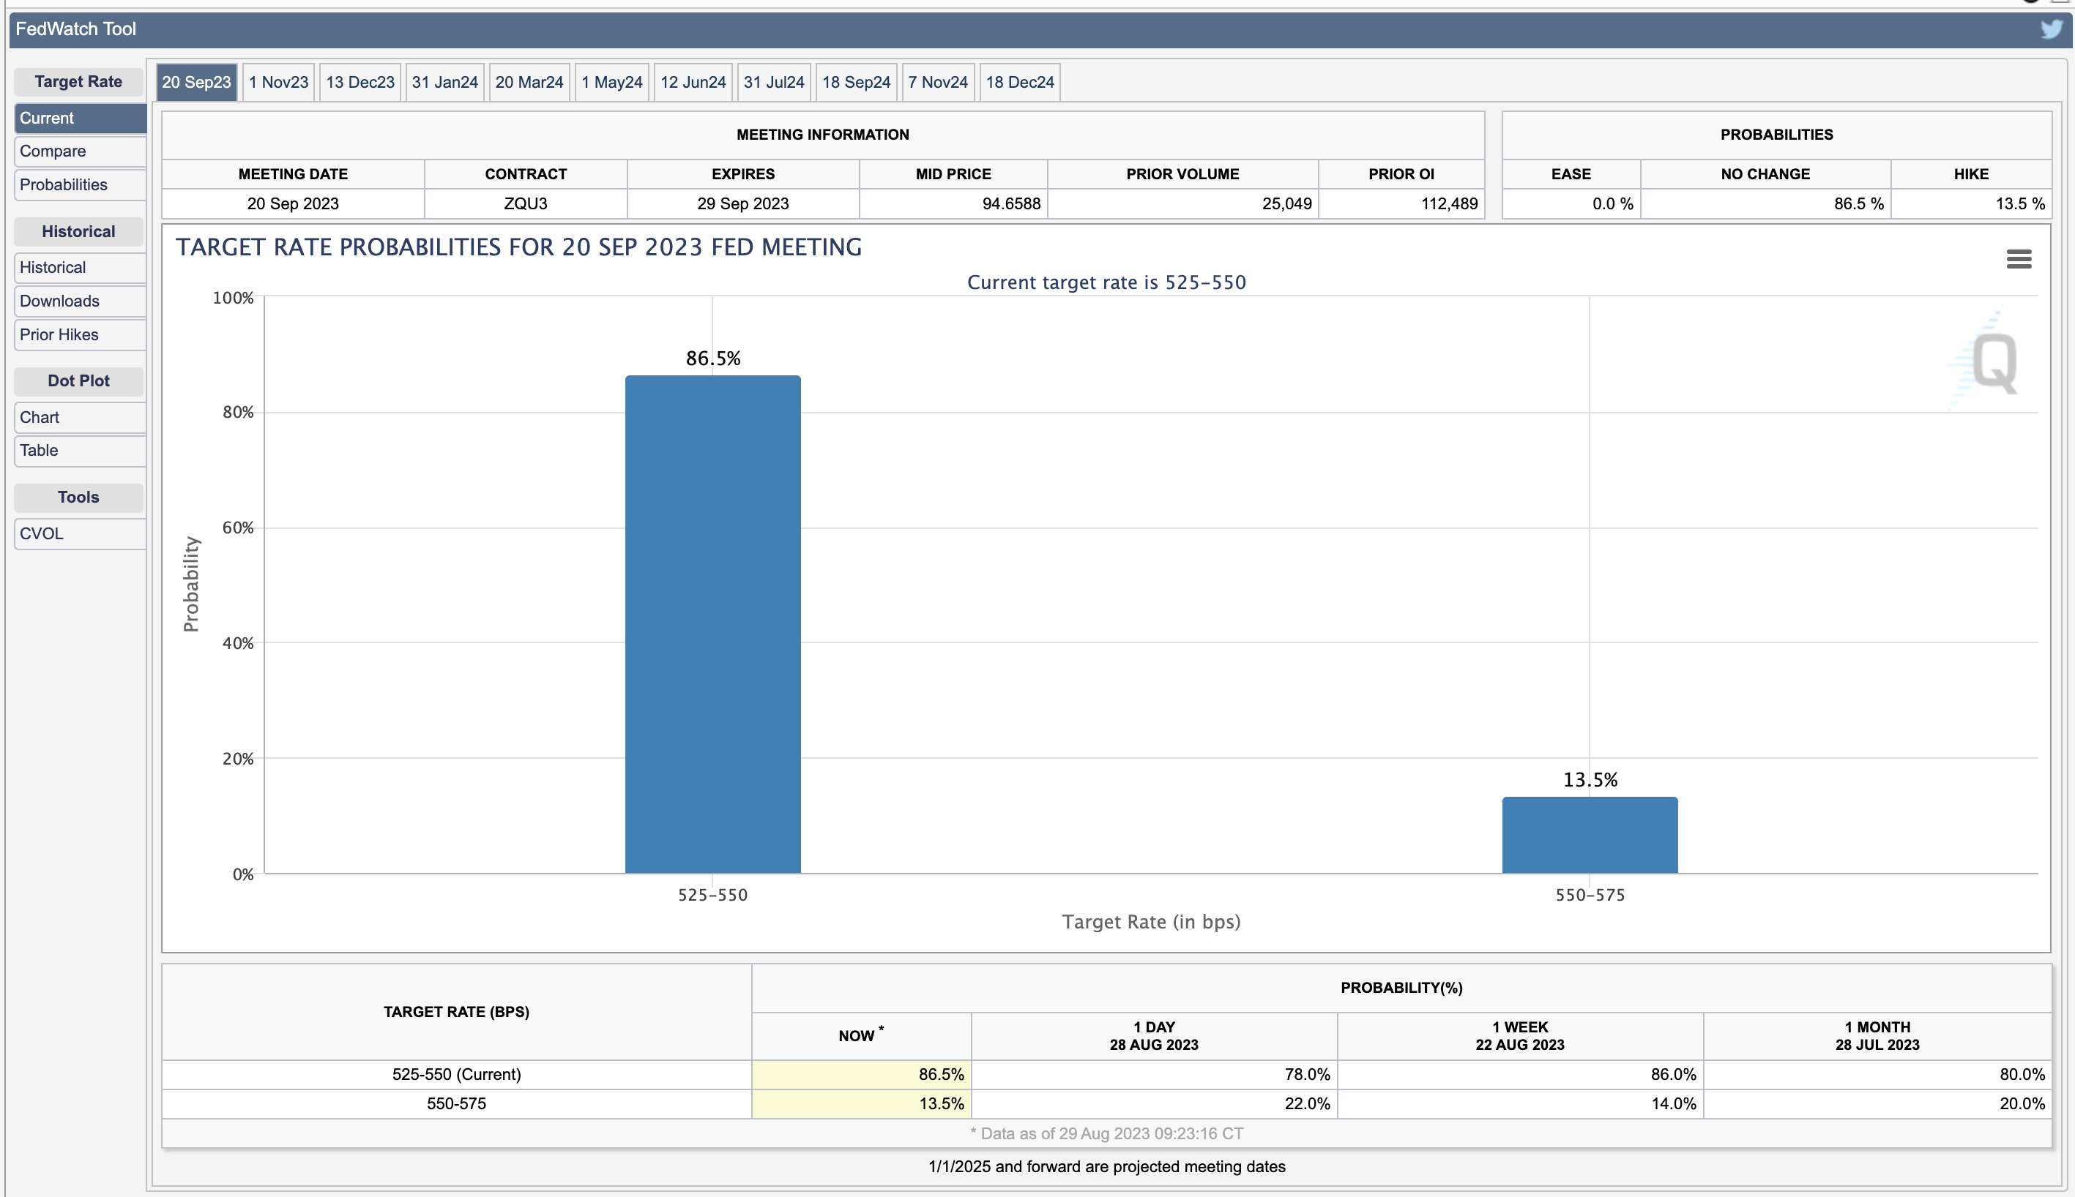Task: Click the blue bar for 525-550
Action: [712, 624]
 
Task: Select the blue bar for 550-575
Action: [1589, 834]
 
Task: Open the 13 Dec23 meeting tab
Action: [360, 82]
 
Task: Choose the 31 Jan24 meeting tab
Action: [445, 82]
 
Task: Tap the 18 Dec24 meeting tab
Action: [1020, 82]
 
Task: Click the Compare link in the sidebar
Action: [53, 151]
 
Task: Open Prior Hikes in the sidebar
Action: [59, 334]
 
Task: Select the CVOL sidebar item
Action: [41, 533]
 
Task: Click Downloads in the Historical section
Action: [59, 301]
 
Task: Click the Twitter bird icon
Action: [2051, 29]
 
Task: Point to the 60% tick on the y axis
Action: [239, 528]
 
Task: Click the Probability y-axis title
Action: [191, 584]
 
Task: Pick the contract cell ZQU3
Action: [526, 204]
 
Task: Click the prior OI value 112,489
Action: [1449, 204]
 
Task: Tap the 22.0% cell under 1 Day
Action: [1307, 1103]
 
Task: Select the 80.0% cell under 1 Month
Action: [2022, 1075]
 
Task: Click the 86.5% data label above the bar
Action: [713, 359]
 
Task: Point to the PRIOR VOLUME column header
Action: [1182, 174]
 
